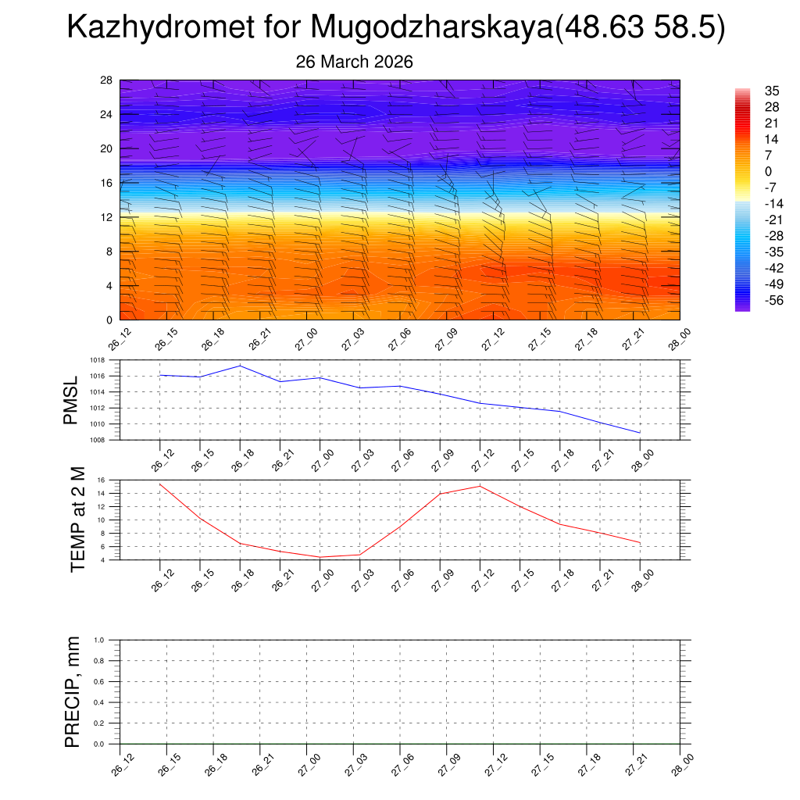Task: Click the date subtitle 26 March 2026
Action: coord(354,62)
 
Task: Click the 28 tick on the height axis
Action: coord(106,80)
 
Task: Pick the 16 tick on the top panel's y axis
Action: coord(106,183)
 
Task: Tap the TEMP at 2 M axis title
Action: coord(77,519)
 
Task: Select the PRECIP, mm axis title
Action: coord(73,692)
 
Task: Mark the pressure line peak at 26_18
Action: coord(240,366)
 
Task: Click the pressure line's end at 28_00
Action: coord(640,432)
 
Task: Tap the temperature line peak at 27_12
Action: coord(480,486)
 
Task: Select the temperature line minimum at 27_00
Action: coord(320,557)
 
